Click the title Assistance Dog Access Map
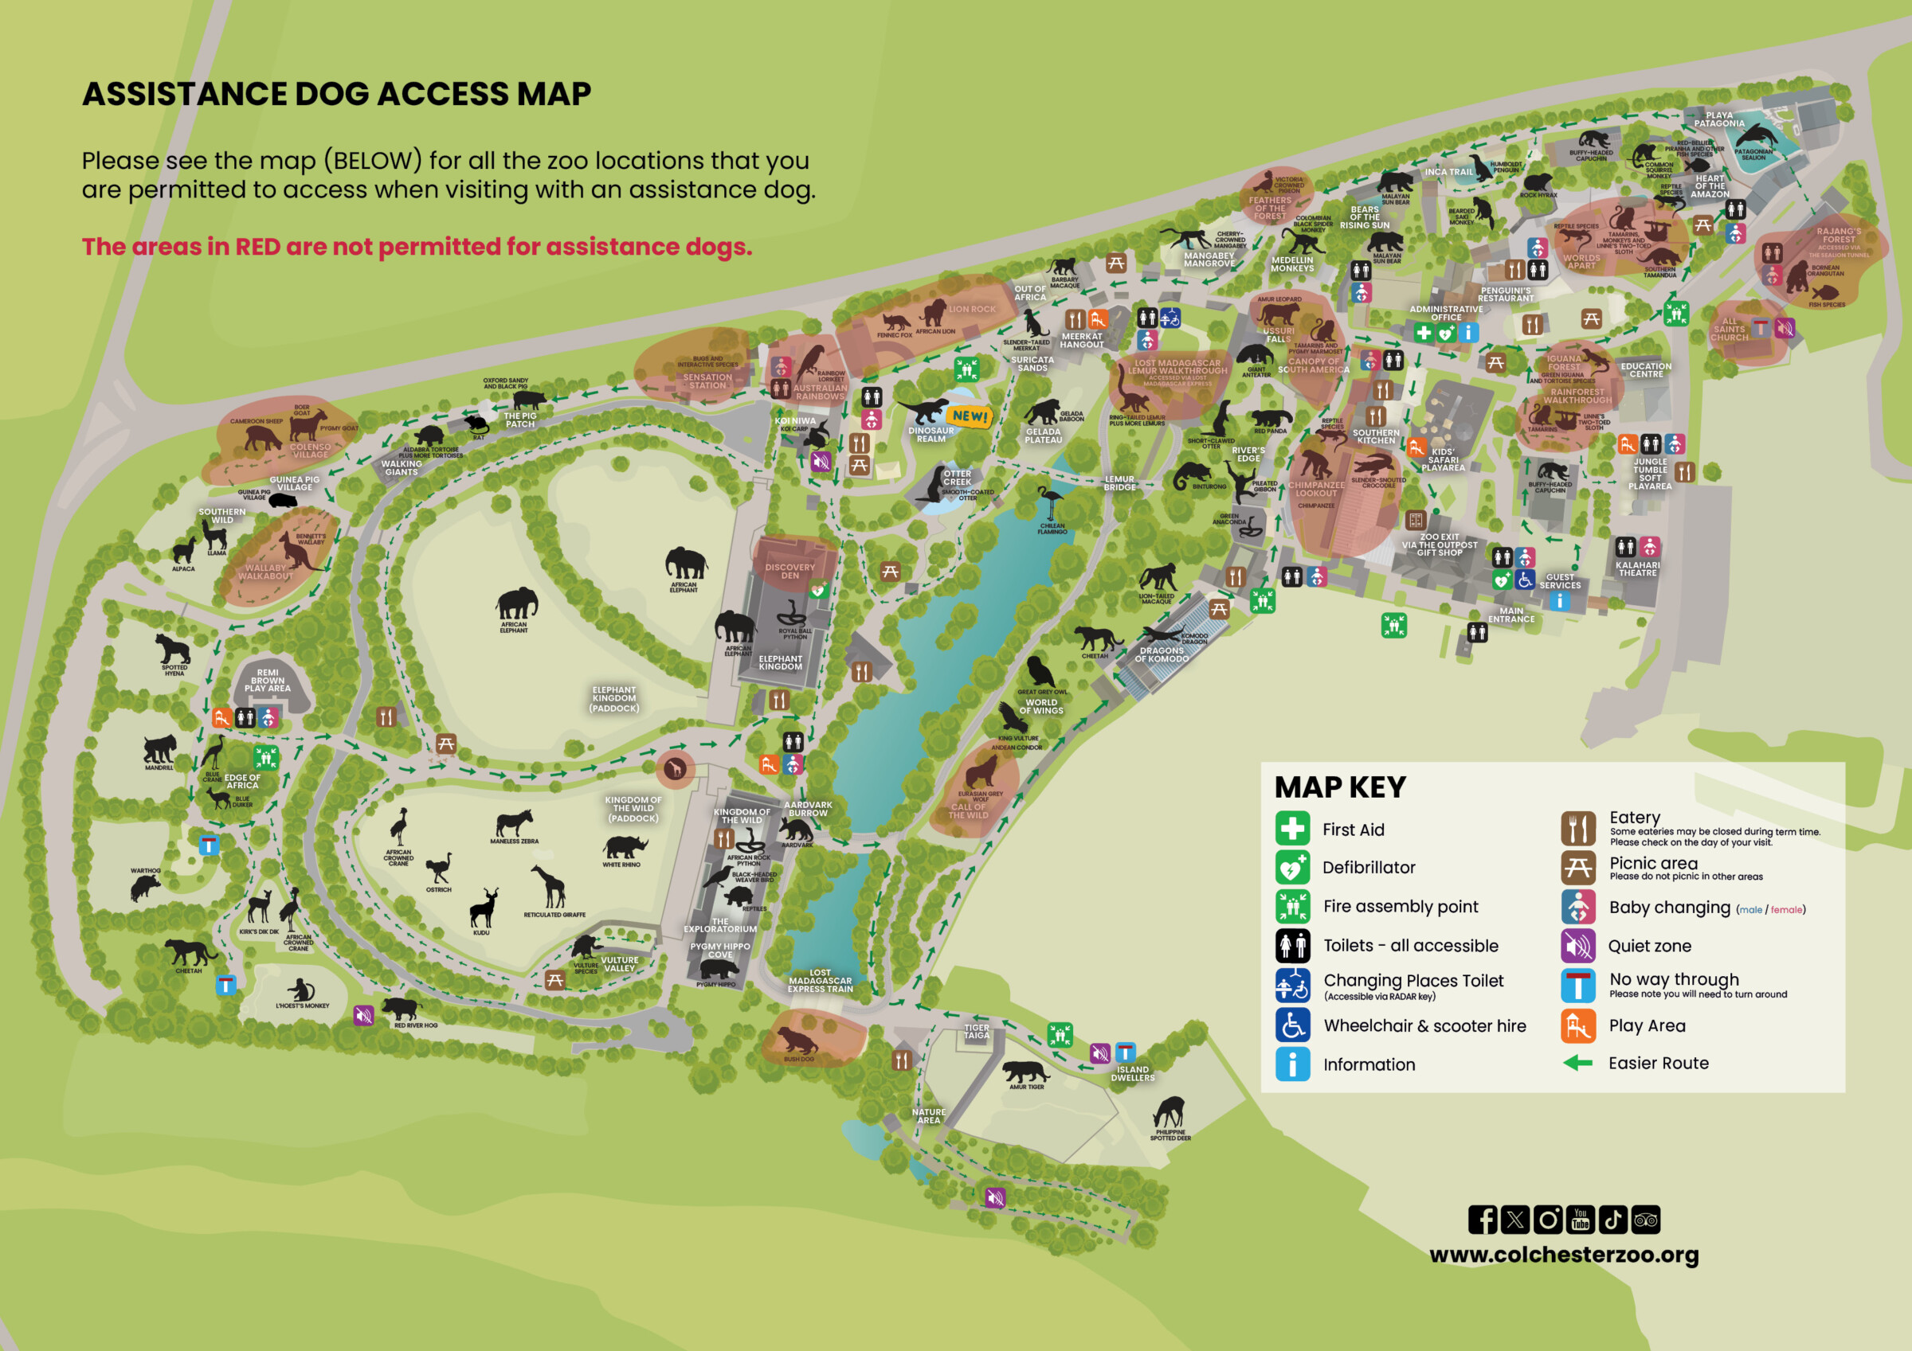pyautogui.click(x=336, y=94)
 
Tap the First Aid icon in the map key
pyautogui.click(x=1292, y=829)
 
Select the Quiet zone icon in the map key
pyautogui.click(x=1578, y=946)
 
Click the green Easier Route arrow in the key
pyautogui.click(x=1577, y=1063)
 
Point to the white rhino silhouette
pyautogui.click(x=625, y=847)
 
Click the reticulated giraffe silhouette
pyautogui.click(x=550, y=887)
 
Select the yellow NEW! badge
pyautogui.click(x=970, y=416)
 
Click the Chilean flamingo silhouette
pyautogui.click(x=1050, y=503)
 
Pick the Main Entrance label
pyautogui.click(x=1511, y=615)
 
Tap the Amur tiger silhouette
pyautogui.click(x=1025, y=1072)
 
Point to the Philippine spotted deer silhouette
pyautogui.click(x=1170, y=1111)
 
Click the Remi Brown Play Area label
pyautogui.click(x=268, y=680)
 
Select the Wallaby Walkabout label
pyautogui.click(x=265, y=572)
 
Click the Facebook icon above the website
pyautogui.click(x=1483, y=1220)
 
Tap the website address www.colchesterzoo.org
pyautogui.click(x=1564, y=1255)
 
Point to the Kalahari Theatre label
pyautogui.click(x=1637, y=568)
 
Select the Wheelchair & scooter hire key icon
pyautogui.click(x=1292, y=1025)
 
